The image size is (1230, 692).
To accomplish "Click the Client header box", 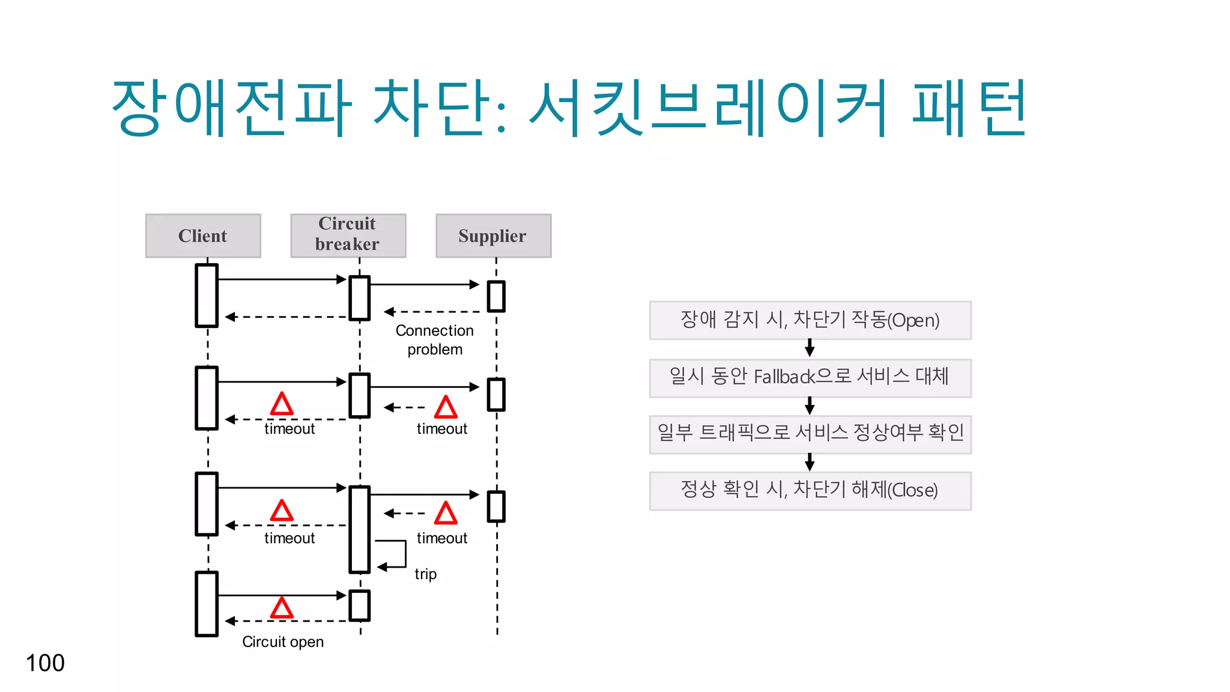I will (x=203, y=235).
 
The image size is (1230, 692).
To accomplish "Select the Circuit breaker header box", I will (x=348, y=235).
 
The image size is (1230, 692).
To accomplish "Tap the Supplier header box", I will (x=493, y=235).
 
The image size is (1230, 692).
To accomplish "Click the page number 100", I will (x=45, y=663).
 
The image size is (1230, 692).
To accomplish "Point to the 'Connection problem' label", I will (x=435, y=340).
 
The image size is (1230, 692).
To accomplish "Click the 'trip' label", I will (x=425, y=574).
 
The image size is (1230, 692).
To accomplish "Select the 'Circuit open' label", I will (x=283, y=642).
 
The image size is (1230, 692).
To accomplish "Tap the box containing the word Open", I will (x=810, y=320).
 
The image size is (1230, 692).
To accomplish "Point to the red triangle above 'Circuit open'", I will (x=282, y=608).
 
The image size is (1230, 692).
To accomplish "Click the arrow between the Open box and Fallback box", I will (x=810, y=348).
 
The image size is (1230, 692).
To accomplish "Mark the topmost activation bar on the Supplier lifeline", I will (x=496, y=296).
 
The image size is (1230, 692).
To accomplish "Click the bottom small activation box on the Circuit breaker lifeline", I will (x=360, y=605).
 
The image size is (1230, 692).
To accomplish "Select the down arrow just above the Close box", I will (x=810, y=462).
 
